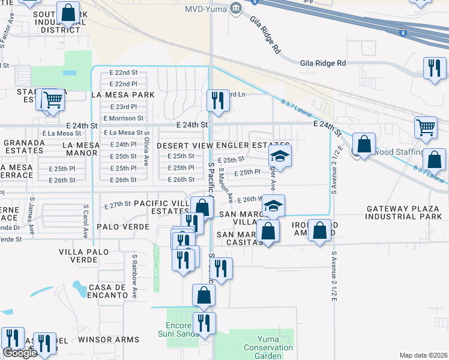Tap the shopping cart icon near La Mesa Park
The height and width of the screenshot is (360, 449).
pos(53,100)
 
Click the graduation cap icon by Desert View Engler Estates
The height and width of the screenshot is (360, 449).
pos(278,157)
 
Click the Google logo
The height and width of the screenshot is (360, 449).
pos(19,353)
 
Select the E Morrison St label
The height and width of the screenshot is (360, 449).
pos(124,118)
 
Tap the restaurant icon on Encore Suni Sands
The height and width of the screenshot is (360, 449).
pos(204,323)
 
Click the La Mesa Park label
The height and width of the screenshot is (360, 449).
pos(122,95)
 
